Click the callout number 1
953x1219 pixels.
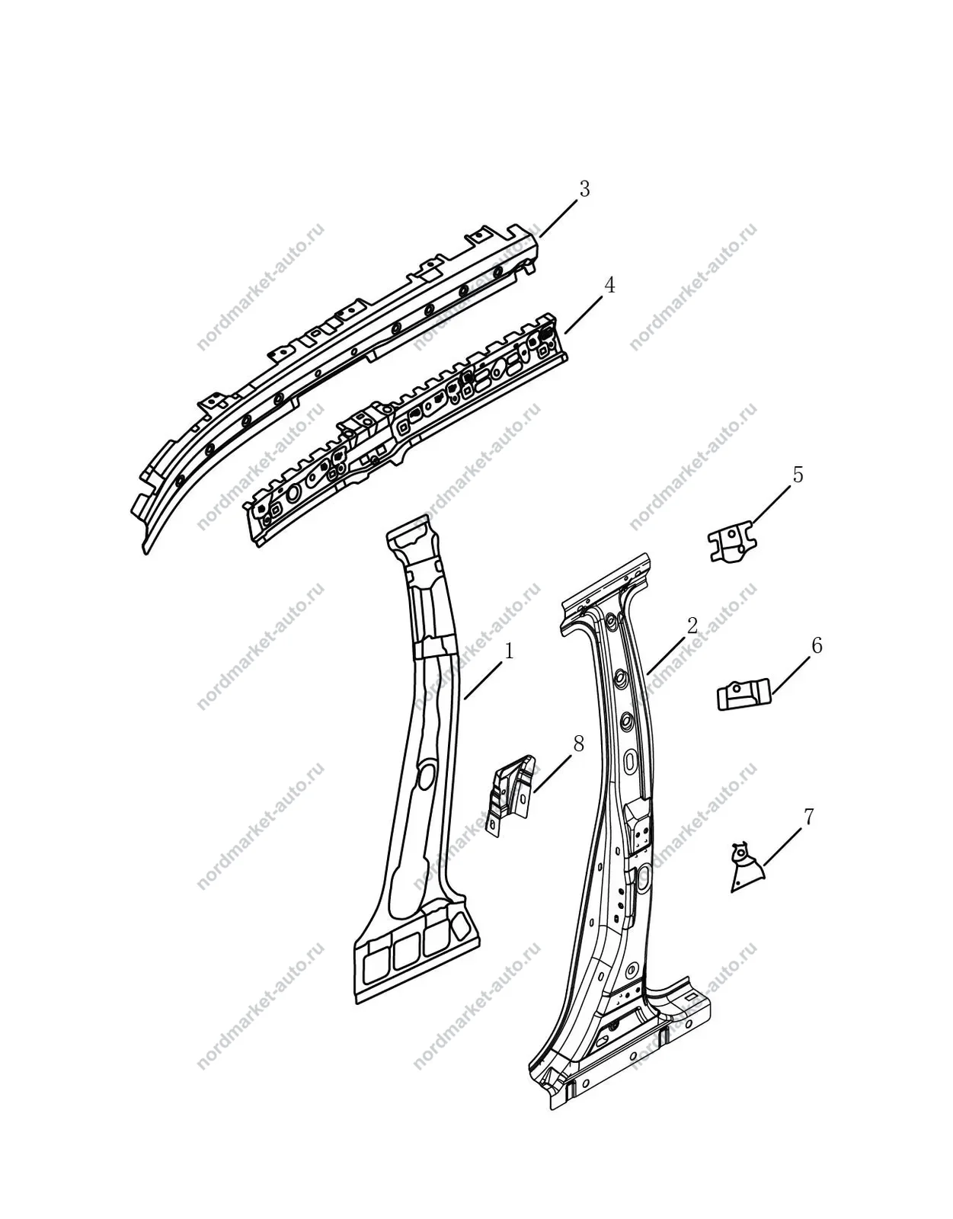tap(509, 651)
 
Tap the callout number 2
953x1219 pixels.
tap(692, 625)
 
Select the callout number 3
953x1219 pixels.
tap(584, 189)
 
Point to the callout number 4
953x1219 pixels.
tap(609, 285)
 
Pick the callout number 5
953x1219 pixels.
tap(798, 475)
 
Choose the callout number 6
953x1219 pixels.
tap(817, 645)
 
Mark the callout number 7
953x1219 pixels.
tap(808, 817)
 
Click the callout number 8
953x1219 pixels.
tap(578, 744)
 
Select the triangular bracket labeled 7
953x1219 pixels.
tap(747, 869)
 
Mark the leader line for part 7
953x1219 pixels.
tap(782, 847)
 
